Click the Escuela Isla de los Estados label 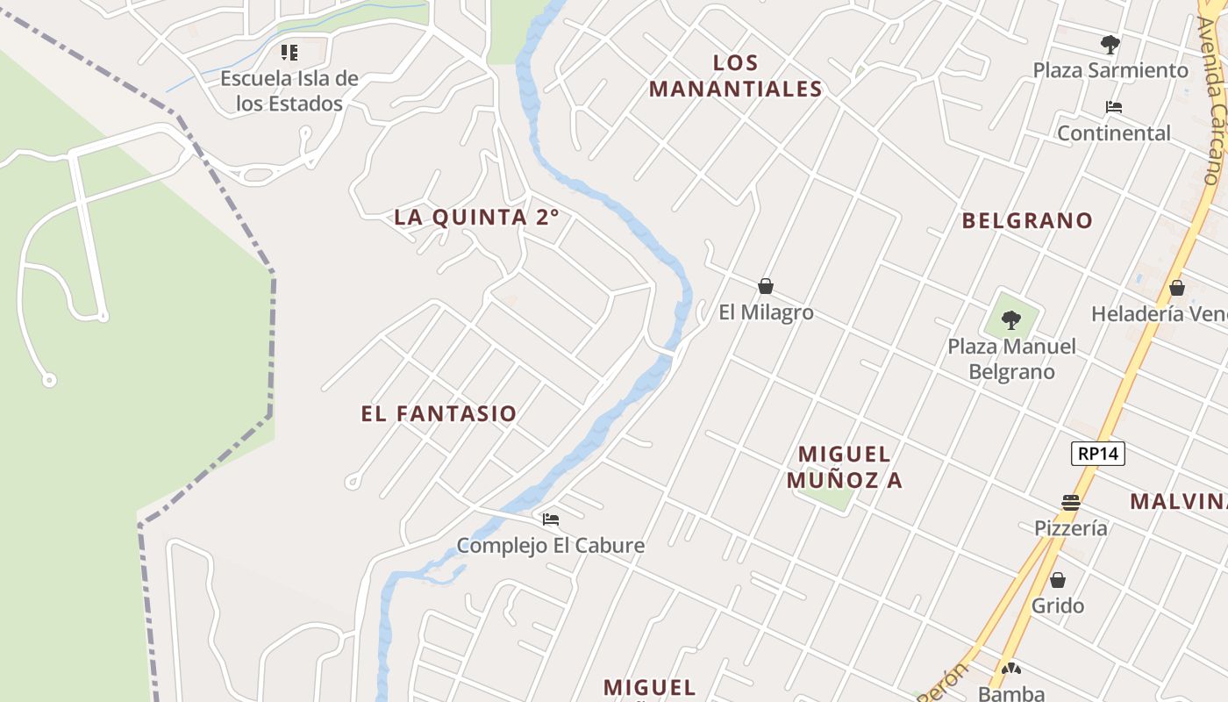[x=289, y=90]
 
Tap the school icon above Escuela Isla [x=289, y=53]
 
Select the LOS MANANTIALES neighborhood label [x=736, y=75]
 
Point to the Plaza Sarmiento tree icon [x=1110, y=44]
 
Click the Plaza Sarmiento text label [x=1110, y=70]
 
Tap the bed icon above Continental [x=1114, y=107]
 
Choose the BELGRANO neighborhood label [x=1027, y=220]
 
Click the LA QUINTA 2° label [x=476, y=218]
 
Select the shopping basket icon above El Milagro [x=766, y=286]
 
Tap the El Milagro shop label [x=766, y=312]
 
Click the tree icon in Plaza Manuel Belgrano [x=1011, y=319]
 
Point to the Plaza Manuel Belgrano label [x=1011, y=359]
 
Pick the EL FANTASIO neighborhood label [x=439, y=414]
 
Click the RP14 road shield [x=1097, y=454]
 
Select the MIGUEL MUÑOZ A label [x=845, y=467]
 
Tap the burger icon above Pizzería [x=1070, y=503]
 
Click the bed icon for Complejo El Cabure [x=551, y=519]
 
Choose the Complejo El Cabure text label [x=551, y=546]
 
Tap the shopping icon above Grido [x=1058, y=580]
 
